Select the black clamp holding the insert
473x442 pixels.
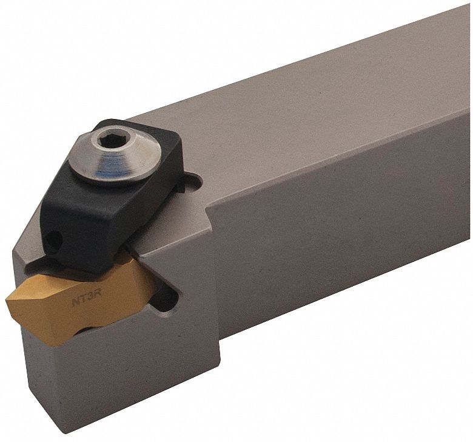pyautogui.click(x=97, y=206)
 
